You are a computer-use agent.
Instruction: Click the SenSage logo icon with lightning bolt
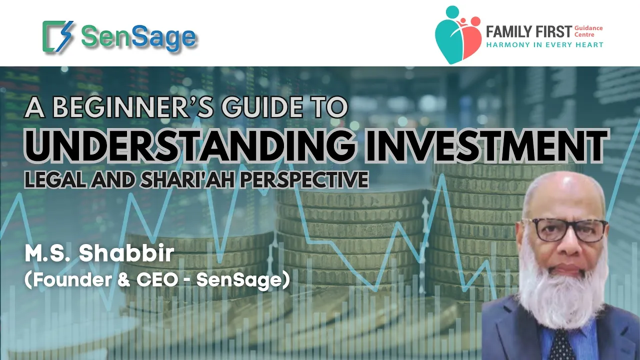(58, 36)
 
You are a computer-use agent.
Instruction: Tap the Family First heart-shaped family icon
(458, 35)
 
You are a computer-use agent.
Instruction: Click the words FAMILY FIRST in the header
(529, 31)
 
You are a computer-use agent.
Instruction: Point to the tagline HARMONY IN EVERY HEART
(545, 45)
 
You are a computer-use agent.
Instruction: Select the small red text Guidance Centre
(588, 31)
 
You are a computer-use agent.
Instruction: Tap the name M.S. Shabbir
(99, 253)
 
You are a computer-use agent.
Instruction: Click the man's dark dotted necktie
(561, 345)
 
